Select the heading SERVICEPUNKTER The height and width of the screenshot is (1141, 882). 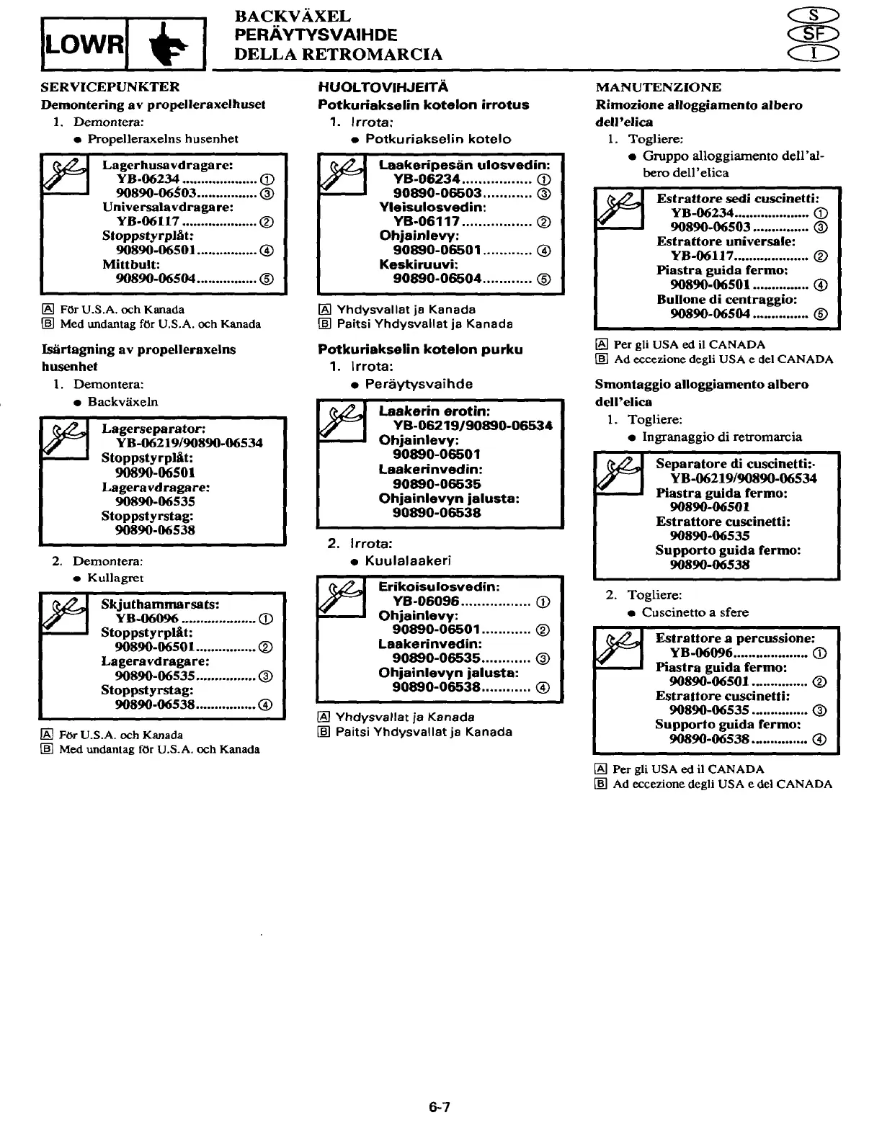(110, 87)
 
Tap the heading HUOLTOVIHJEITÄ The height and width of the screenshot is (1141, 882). (383, 87)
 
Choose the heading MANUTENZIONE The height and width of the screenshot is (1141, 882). (658, 87)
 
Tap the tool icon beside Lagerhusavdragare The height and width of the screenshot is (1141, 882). (63, 174)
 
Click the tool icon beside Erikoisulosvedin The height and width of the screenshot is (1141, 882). (341, 596)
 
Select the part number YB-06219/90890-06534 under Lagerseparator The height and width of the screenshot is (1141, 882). (189, 443)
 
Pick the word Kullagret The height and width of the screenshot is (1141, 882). (115, 578)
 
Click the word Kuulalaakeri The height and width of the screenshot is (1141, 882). (408, 560)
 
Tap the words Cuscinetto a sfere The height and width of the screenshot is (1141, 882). (695, 612)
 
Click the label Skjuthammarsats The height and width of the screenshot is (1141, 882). (160, 604)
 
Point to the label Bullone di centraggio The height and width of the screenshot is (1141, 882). (726, 299)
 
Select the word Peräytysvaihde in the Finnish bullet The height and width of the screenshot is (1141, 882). (419, 384)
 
